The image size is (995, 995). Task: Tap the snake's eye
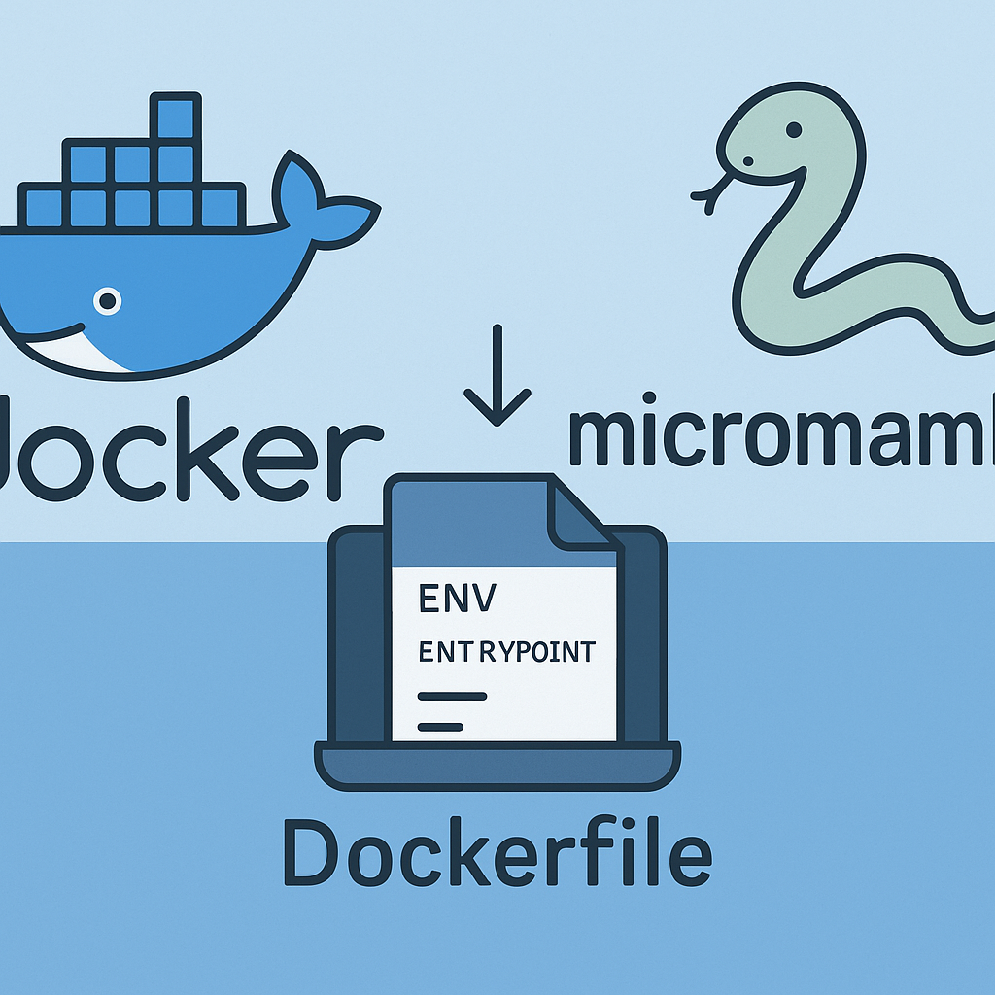[794, 129]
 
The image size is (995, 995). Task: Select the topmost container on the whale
[176, 118]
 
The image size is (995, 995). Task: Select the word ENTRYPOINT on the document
[505, 652]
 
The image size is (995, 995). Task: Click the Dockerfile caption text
[497, 853]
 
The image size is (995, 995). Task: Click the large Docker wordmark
[185, 447]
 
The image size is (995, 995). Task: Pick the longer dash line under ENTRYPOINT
[452, 696]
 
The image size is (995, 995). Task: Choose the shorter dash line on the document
[440, 726]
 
